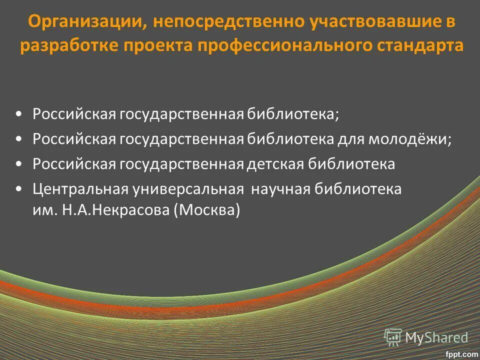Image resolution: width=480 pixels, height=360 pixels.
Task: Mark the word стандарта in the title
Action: (x=422, y=45)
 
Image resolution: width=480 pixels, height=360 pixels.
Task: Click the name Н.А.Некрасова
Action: (x=116, y=210)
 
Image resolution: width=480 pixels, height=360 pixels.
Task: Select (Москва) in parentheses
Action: (x=207, y=210)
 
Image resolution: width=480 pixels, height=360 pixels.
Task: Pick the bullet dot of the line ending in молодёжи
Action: (x=18, y=138)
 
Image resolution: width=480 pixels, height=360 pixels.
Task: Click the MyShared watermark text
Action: (x=436, y=337)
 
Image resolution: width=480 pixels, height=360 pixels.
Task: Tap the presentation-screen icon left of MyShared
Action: (x=393, y=337)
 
